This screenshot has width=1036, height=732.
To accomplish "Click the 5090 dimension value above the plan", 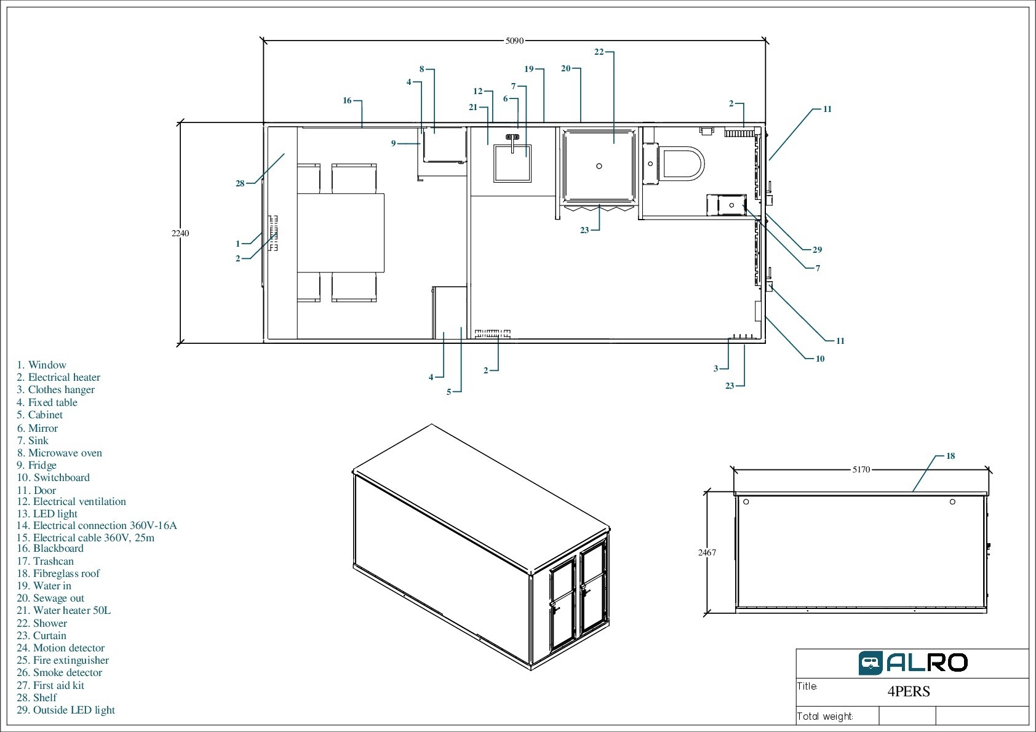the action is tap(514, 41).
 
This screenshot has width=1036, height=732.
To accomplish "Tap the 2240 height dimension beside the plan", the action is tap(180, 233).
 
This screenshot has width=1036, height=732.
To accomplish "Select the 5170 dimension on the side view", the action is tap(861, 469).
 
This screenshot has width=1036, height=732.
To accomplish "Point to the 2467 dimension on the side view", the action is tap(707, 552).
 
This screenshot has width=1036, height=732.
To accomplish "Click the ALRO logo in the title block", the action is tap(914, 662).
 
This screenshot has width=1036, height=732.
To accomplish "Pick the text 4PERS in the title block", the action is tap(909, 691).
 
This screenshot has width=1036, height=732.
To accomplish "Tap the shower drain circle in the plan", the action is tap(599, 166).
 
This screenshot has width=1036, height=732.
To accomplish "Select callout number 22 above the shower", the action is tap(599, 52).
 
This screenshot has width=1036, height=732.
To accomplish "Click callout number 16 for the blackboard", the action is tap(348, 100).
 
